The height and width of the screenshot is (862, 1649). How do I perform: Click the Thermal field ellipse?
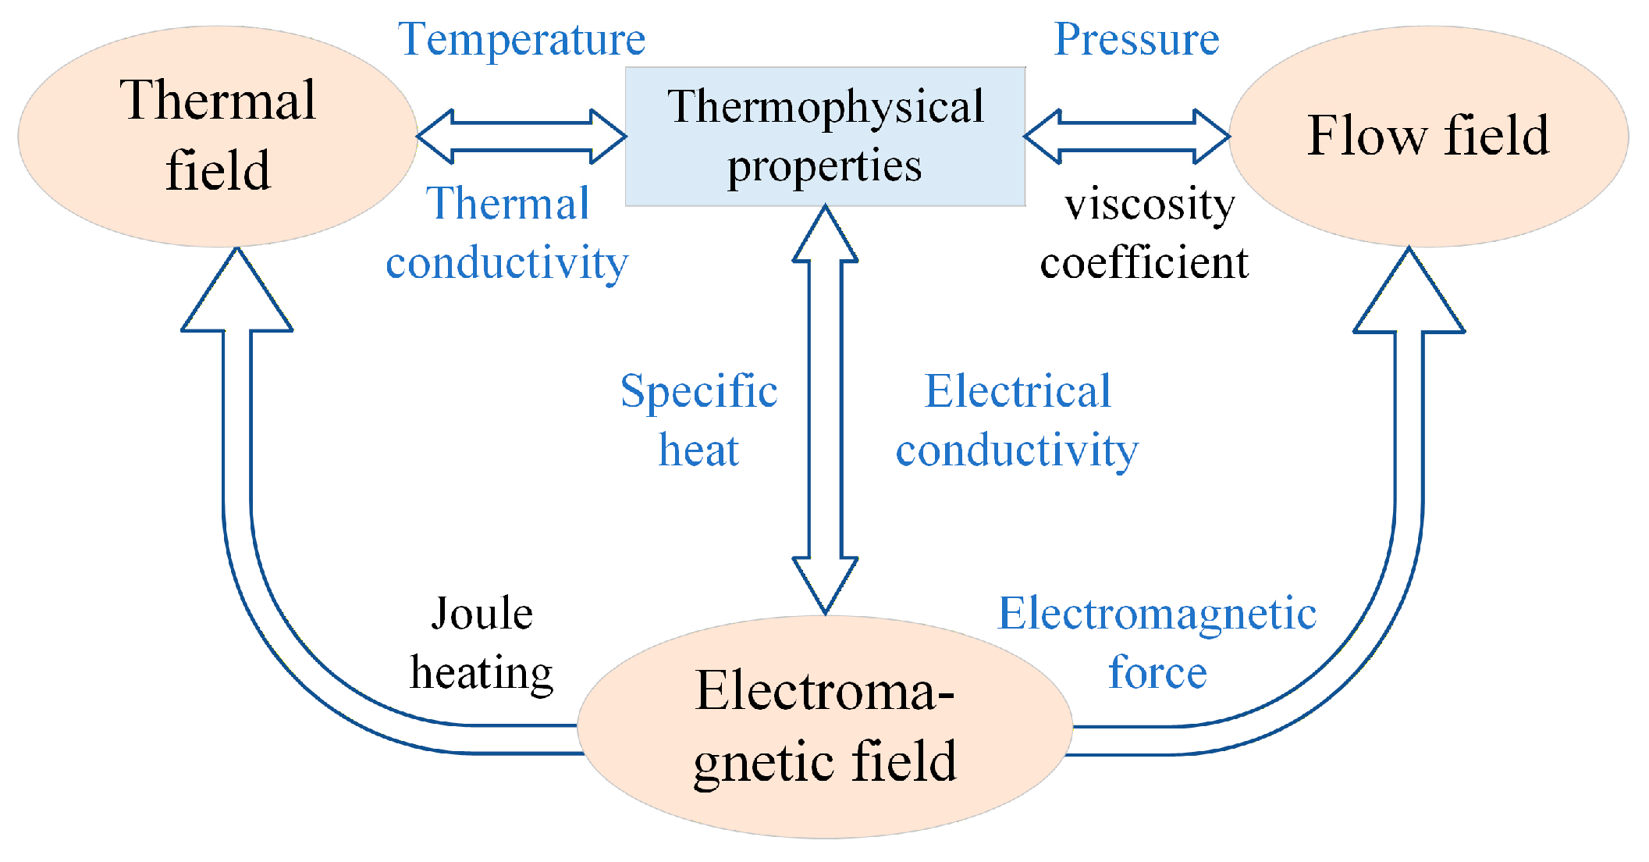tap(218, 136)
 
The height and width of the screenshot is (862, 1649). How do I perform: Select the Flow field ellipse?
tap(1428, 136)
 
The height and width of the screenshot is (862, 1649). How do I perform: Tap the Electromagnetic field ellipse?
tap(825, 726)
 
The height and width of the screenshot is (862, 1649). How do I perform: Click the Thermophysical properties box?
tap(825, 136)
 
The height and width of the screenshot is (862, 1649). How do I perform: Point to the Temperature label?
tap(521, 39)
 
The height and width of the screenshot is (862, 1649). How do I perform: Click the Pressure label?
tap(1136, 39)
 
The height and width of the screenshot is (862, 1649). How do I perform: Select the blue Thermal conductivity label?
tap(507, 233)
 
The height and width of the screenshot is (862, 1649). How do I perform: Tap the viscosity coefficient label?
tap(1145, 233)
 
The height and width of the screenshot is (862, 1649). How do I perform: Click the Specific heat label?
tap(698, 420)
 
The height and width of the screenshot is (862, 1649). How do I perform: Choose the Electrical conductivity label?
tap(1017, 420)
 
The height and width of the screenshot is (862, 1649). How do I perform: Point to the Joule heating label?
tap(482, 643)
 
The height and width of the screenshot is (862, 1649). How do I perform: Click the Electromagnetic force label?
tap(1157, 643)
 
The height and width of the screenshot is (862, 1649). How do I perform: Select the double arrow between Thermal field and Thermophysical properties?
tap(521, 137)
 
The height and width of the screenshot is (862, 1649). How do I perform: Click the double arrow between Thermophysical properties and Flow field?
tap(1127, 137)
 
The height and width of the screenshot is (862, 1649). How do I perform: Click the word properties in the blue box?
tap(825, 166)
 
